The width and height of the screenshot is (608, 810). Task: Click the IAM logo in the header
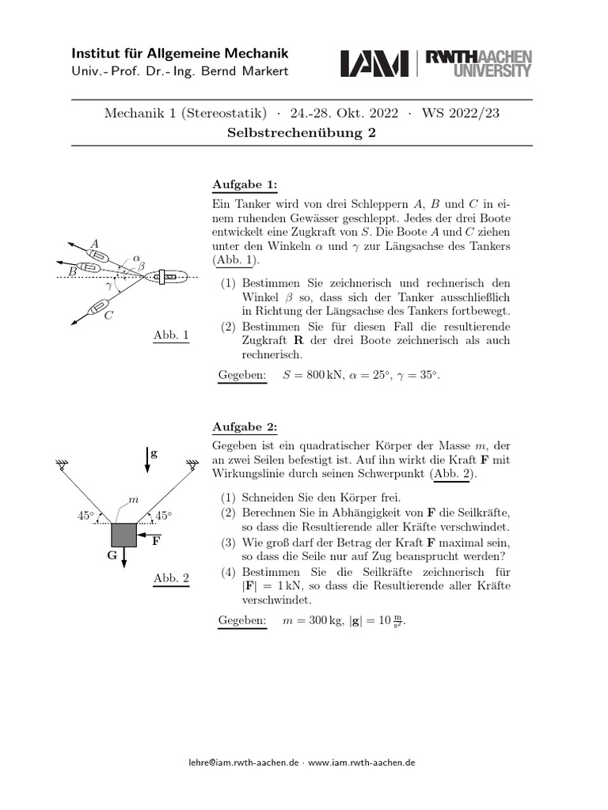(375, 63)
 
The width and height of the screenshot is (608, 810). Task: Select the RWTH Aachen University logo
(479, 63)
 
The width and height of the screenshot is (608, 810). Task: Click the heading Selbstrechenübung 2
(302, 134)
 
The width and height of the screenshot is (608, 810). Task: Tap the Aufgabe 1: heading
(244, 185)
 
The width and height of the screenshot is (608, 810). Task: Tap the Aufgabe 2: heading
(244, 427)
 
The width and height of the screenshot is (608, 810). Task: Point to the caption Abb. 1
(170, 335)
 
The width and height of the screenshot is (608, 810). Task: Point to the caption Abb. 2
(170, 578)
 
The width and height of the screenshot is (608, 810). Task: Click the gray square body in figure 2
(123, 535)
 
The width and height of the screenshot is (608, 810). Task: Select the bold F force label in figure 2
(157, 542)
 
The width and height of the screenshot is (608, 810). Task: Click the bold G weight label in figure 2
(112, 556)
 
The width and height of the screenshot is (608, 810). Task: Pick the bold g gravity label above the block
(154, 454)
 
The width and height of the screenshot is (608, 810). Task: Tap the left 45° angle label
(85, 516)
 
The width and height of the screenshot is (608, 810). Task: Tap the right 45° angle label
(163, 516)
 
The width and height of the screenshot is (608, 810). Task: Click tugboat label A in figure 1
(95, 244)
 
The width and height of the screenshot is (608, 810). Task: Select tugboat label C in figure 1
(108, 316)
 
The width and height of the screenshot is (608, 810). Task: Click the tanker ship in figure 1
(169, 278)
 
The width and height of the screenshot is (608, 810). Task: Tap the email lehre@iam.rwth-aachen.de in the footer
(241, 763)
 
